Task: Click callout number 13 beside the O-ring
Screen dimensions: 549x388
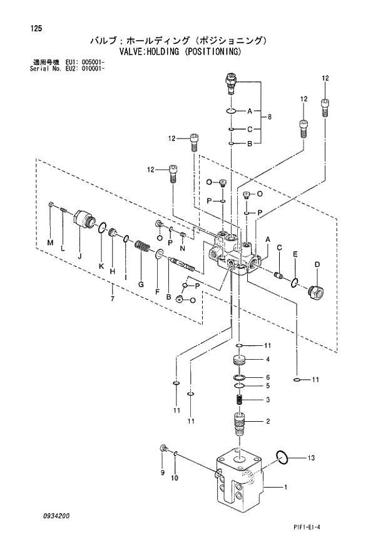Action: [x=310, y=458]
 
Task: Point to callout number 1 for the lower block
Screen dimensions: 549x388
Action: [x=285, y=487]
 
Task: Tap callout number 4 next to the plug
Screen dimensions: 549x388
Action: [x=267, y=359]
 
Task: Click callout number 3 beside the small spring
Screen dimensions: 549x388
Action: [x=267, y=399]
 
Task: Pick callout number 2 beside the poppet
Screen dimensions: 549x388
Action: [x=267, y=421]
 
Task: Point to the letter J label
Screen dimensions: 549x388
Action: [x=79, y=256]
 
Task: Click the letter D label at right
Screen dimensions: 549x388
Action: [x=317, y=264]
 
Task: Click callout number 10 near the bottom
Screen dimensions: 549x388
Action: [x=175, y=478]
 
